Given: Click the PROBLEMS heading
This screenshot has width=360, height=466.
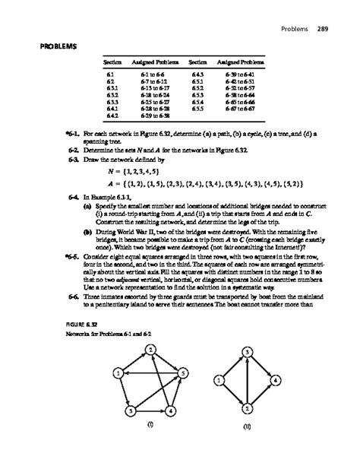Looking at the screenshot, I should [44, 47].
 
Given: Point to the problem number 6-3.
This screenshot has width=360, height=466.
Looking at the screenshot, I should [73, 161].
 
